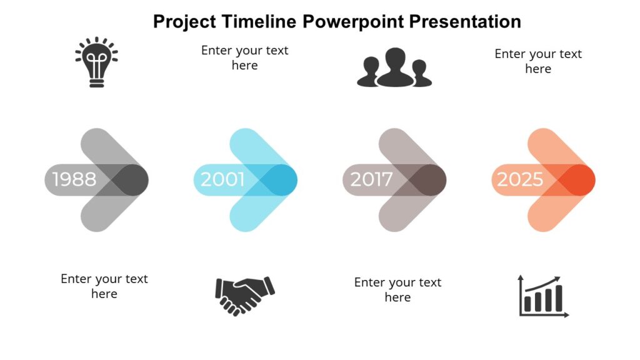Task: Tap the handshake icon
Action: (244, 295)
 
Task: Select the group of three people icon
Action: (394, 67)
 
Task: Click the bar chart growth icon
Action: (543, 296)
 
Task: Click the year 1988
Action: (74, 180)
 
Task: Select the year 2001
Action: (222, 180)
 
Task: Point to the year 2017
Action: (371, 180)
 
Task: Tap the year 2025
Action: (520, 180)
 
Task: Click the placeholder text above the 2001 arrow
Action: (244, 57)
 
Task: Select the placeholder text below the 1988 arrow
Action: (104, 286)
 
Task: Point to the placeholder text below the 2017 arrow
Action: (397, 290)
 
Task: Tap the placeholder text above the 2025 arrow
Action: (537, 61)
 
